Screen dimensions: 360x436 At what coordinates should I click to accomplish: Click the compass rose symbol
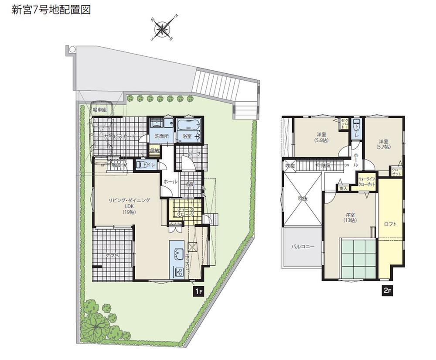(163, 29)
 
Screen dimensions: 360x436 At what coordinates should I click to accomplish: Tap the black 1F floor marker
(198, 291)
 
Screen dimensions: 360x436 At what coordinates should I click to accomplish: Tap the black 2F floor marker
(387, 291)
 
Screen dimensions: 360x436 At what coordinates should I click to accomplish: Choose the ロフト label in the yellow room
(390, 224)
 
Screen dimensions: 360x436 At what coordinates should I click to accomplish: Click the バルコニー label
(303, 247)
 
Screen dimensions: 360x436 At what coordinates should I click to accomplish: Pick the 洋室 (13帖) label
(350, 217)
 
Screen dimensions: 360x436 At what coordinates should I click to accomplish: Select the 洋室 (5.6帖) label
(322, 137)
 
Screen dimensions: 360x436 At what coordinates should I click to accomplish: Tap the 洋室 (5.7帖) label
(384, 144)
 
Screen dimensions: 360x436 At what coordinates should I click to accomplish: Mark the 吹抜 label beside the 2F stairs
(290, 165)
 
